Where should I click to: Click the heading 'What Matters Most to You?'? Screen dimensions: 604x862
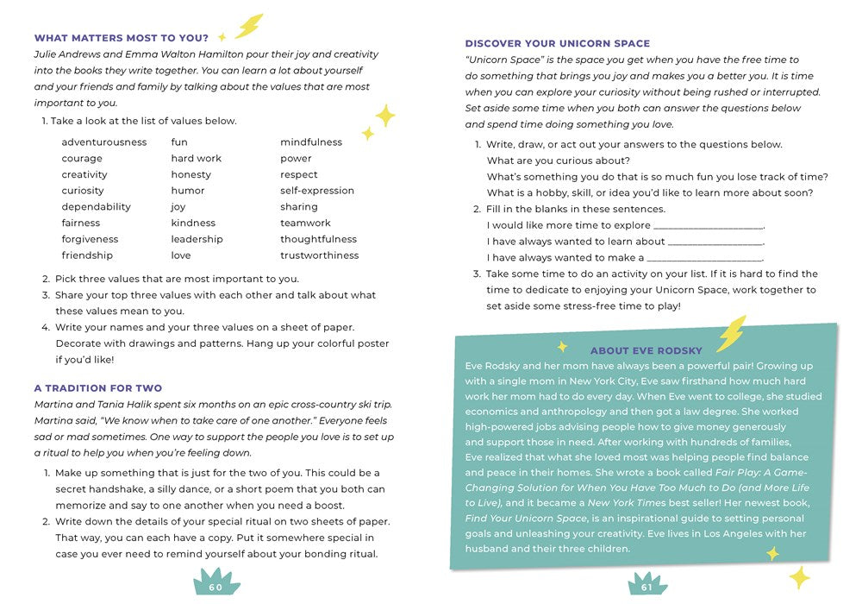[121, 38]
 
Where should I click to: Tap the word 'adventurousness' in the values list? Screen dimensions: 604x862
[103, 142]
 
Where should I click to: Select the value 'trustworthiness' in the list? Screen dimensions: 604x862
[319, 255]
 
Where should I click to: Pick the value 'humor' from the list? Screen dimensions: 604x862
[187, 191]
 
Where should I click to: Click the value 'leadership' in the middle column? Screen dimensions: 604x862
[197, 239]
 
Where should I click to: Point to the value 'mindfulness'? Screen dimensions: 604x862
[310, 142]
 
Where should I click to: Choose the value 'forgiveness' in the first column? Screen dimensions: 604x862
[90, 239]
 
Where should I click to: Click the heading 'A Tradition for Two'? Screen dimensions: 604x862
[98, 388]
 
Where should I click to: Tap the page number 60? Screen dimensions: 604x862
[215, 588]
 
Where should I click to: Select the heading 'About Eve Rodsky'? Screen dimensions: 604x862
[646, 350]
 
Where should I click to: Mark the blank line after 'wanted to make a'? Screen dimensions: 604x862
[704, 258]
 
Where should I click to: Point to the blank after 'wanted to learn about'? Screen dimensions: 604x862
[715, 242]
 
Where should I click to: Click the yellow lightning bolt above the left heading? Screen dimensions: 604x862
[249, 25]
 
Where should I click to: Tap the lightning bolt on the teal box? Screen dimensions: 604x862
[732, 332]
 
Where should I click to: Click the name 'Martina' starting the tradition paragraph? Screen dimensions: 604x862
[53, 405]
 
